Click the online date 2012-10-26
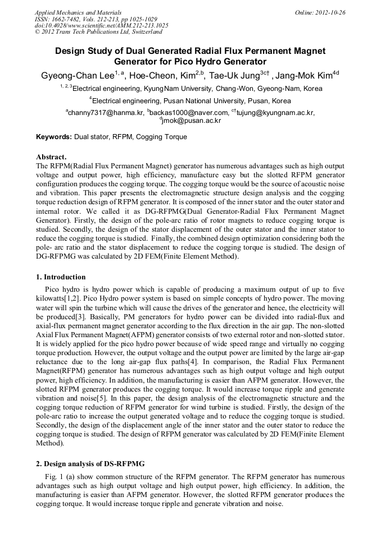pos(330,12)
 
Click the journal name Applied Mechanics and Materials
pos(78,12)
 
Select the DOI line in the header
pos(101,25)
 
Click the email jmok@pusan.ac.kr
pos(192,121)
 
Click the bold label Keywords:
pos(54,137)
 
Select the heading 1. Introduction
pos(61,277)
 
